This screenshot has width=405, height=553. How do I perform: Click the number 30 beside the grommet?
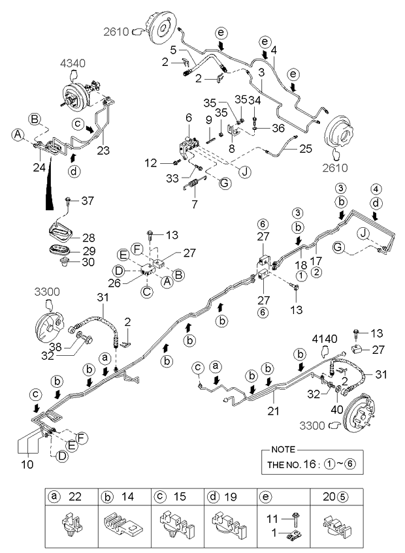pyautogui.click(x=88, y=262)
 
